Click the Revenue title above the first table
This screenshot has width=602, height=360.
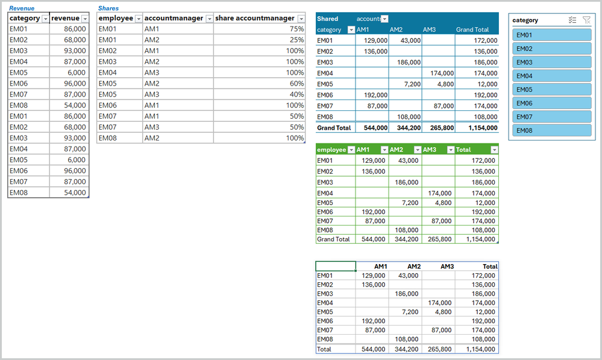tap(21, 8)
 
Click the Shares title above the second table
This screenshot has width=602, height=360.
tap(108, 8)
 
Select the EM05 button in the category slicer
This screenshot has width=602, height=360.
tap(551, 89)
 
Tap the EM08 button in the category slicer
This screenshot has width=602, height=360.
tap(551, 130)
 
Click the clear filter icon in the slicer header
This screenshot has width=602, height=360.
tap(587, 20)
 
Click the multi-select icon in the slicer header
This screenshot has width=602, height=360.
tap(572, 20)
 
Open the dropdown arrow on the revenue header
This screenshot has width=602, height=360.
tap(84, 19)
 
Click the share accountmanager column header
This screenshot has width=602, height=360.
tap(254, 18)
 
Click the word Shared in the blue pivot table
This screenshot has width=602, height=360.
tap(328, 19)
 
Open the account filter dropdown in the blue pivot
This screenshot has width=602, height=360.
tap(384, 19)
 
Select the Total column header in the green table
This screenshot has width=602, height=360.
tap(463, 150)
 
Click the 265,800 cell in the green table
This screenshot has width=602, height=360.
tap(438, 239)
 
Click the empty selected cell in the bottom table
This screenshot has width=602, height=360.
tap(336, 266)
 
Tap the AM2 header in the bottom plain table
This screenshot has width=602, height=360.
tap(413, 266)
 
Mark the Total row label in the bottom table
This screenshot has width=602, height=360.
tap(325, 349)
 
